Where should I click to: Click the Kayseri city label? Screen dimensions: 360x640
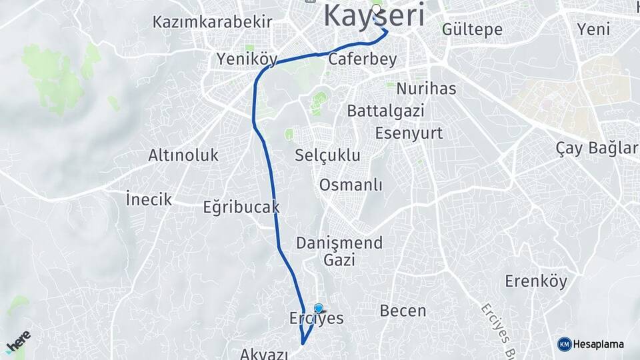click(374, 16)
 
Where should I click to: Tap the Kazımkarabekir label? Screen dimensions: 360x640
click(212, 21)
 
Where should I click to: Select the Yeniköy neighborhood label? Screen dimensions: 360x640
click(247, 59)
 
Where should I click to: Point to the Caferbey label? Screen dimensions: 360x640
click(363, 59)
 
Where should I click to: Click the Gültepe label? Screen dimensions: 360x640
click(472, 30)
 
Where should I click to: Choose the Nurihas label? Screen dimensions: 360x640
click(426, 89)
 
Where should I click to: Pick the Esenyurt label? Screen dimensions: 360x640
click(409, 133)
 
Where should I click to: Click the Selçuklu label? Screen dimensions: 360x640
click(327, 156)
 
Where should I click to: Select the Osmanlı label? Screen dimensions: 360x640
click(351, 185)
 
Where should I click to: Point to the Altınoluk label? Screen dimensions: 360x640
click(183, 156)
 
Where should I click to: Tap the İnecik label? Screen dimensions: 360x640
click(149, 199)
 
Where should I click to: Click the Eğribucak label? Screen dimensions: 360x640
click(241, 207)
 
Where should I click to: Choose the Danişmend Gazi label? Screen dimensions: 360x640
click(340, 251)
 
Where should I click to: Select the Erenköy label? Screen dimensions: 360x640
click(536, 281)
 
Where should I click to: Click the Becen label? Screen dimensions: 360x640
click(403, 311)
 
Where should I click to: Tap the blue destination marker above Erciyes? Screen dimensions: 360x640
click(319, 309)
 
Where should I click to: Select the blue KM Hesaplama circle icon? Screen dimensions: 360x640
click(564, 344)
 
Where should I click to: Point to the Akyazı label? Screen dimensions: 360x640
click(265, 354)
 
